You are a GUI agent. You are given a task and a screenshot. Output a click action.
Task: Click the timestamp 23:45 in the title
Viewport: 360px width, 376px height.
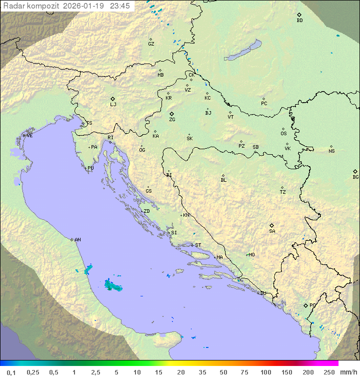[x=119, y=6]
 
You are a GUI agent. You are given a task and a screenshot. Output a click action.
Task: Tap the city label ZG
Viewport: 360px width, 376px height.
[x=172, y=120]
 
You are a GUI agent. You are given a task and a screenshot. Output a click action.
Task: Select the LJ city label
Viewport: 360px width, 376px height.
[x=113, y=105]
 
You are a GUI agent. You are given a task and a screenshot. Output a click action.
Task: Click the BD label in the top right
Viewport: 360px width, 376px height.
[x=299, y=21]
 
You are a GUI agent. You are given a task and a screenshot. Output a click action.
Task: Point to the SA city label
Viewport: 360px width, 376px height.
[x=272, y=231]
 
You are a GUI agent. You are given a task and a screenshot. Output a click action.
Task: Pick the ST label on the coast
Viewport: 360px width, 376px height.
[x=198, y=245]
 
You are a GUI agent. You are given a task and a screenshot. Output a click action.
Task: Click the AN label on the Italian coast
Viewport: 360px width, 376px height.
[x=77, y=240]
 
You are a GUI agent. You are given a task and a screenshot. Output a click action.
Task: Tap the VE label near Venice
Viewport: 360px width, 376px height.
[x=29, y=136]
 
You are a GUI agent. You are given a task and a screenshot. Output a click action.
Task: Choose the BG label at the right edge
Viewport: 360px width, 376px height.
[x=355, y=177]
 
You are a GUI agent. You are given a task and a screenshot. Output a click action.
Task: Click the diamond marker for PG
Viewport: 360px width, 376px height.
[x=306, y=305]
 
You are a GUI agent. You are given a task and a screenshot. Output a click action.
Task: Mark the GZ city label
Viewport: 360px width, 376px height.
[x=151, y=44]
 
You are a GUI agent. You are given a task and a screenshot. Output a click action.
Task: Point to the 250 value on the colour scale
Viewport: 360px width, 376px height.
[x=329, y=372]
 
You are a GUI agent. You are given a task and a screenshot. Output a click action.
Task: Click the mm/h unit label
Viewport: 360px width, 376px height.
[x=348, y=372]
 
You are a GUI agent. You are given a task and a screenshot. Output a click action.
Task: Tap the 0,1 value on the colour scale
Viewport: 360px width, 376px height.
[x=11, y=372]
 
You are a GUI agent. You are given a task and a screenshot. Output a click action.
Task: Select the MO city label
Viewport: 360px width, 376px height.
[x=251, y=255]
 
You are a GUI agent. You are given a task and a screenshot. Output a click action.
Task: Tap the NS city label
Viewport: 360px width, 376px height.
[x=331, y=151]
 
